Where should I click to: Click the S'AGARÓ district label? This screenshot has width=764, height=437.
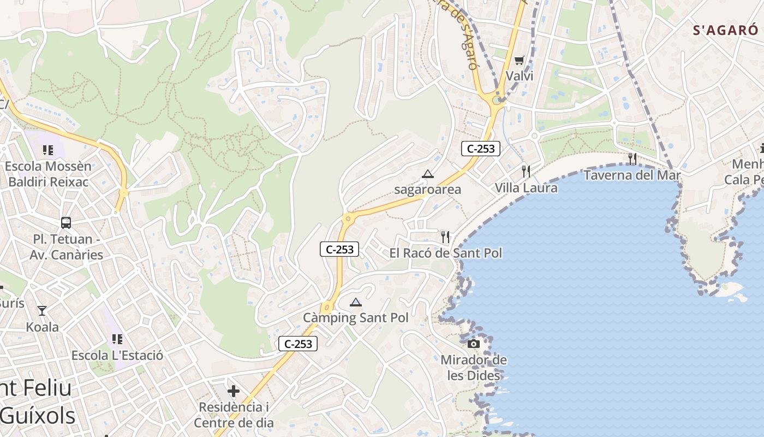(725, 30)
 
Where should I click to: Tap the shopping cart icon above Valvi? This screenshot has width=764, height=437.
(519, 60)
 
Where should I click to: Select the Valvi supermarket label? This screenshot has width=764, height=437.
(520, 76)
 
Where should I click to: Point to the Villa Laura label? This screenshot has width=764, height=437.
(526, 188)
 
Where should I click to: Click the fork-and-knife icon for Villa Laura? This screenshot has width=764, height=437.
(526, 172)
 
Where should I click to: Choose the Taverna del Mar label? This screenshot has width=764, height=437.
(632, 175)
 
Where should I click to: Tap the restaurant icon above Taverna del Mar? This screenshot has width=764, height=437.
(632, 159)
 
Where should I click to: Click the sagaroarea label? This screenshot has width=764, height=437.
(428, 190)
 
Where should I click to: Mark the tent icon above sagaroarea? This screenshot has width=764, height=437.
(428, 174)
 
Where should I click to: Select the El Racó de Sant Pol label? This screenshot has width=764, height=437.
(445, 253)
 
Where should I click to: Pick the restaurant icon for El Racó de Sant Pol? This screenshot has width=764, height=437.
(445, 237)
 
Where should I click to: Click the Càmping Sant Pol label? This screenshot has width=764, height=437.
(356, 317)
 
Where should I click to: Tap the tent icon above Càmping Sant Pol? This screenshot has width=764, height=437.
(356, 302)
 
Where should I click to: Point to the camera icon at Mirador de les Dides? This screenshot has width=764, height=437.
(474, 344)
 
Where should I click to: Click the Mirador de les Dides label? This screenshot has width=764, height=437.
(474, 368)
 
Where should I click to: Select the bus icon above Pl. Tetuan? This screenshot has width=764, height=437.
(66, 223)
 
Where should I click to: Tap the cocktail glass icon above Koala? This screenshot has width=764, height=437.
(42, 311)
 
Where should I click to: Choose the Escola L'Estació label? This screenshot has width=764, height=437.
(117, 356)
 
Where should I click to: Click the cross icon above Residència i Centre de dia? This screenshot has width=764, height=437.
(234, 391)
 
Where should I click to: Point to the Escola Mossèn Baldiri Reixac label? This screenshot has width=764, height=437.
(48, 174)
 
